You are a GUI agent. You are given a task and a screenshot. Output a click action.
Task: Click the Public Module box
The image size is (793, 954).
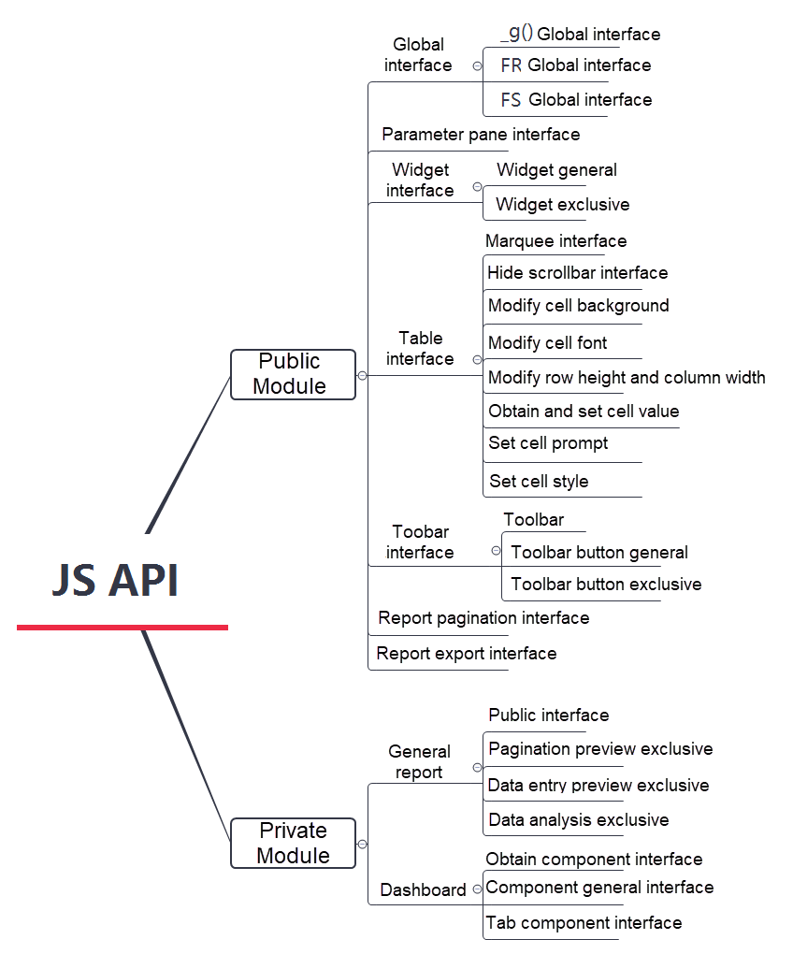pyautogui.click(x=293, y=374)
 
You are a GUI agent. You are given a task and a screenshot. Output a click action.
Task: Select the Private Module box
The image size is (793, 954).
pyautogui.click(x=293, y=843)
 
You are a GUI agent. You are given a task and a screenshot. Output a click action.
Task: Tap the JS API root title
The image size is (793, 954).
pyautogui.click(x=115, y=581)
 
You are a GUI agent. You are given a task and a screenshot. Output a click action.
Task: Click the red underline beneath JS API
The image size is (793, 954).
pyautogui.click(x=122, y=627)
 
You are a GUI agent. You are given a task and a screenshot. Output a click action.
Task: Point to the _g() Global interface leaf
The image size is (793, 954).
pyautogui.click(x=580, y=35)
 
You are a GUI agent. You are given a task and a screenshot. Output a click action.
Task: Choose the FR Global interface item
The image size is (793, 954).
pyautogui.click(x=576, y=65)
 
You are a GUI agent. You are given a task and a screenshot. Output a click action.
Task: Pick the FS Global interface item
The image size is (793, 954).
pyautogui.click(x=576, y=100)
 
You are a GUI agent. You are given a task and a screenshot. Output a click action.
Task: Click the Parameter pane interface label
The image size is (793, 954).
pyautogui.click(x=481, y=135)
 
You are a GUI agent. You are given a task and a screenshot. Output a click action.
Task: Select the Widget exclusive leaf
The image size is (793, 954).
pyautogui.click(x=562, y=205)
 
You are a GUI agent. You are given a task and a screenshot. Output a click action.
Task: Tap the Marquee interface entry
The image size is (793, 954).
pyautogui.click(x=555, y=241)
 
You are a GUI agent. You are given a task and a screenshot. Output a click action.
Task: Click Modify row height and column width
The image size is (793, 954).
pyautogui.click(x=627, y=378)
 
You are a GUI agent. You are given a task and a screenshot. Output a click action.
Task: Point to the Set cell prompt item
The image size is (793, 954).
pyautogui.click(x=548, y=443)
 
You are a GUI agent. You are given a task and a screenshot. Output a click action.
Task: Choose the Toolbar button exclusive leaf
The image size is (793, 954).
pyautogui.click(x=606, y=585)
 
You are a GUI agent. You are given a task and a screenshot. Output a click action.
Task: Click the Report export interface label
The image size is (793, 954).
pyautogui.click(x=466, y=654)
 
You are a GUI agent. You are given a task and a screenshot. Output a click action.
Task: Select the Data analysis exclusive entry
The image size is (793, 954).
pyautogui.click(x=578, y=820)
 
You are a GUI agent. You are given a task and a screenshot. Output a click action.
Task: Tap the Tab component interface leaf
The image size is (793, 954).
pyautogui.click(x=584, y=923)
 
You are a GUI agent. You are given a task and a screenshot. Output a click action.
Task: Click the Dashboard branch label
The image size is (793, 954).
pyautogui.click(x=423, y=890)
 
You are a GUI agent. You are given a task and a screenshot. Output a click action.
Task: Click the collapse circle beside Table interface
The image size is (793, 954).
pyautogui.click(x=477, y=359)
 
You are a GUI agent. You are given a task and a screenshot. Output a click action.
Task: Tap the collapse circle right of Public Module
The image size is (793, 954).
pyautogui.click(x=363, y=375)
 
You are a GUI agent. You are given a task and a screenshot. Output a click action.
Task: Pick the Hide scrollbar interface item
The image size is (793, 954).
pyautogui.click(x=577, y=273)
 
